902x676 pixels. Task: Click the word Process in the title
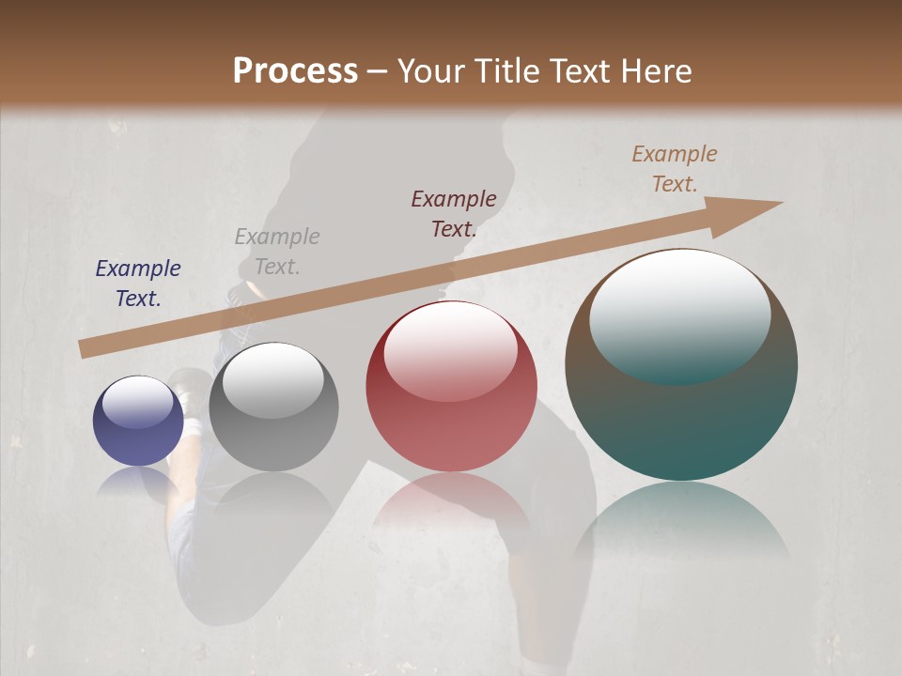point(295,71)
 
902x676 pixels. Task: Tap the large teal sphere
point(681,413)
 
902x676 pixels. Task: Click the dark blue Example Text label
point(138,284)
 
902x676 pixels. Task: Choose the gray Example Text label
point(277,252)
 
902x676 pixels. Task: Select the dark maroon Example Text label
point(454,213)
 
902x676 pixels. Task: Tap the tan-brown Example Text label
point(675,169)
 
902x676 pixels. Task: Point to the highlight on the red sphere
point(450,349)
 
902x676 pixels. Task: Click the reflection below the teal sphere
point(681,526)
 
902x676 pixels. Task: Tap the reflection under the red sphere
point(451,502)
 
